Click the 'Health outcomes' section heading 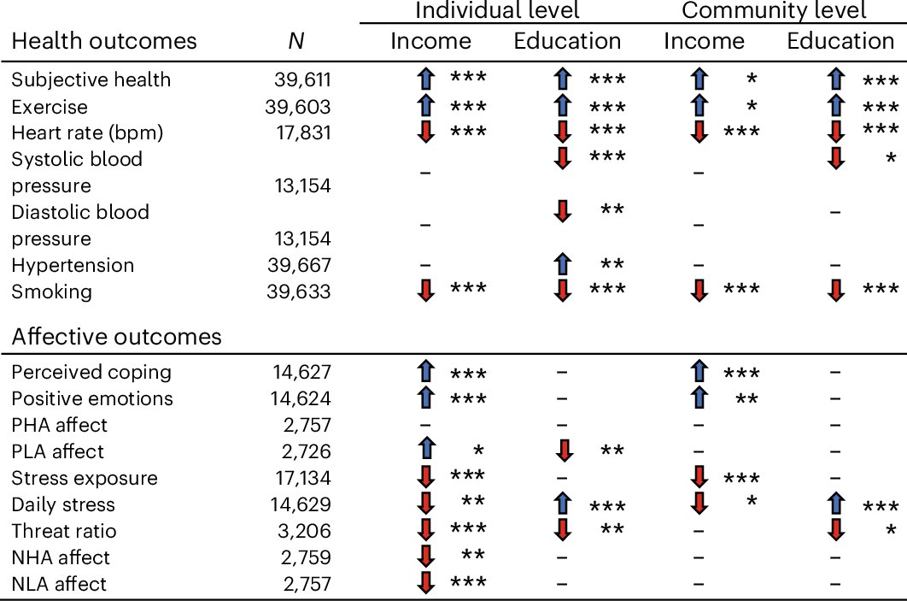pos(103,41)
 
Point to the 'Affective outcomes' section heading pos(116,336)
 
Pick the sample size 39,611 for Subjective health pos(300,80)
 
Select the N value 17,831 pos(300,133)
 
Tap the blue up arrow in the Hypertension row pos(561,265)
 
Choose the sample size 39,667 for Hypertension pos(300,265)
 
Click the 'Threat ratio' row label pos(63,531)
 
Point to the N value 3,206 pos(305,531)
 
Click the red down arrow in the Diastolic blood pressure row pos(561,212)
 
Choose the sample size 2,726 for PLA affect pos(305,451)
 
